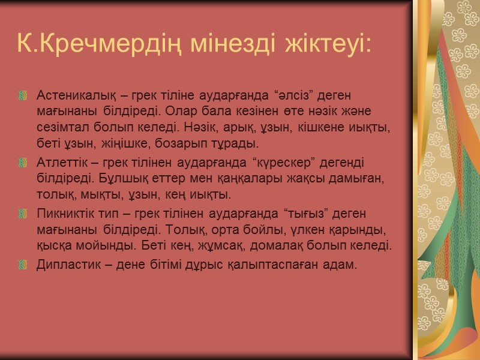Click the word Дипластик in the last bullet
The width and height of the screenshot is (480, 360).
pos(64,264)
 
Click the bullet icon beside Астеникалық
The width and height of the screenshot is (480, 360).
pos(24,95)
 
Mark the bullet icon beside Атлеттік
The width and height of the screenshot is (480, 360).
pos(24,163)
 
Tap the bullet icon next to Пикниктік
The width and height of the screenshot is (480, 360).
pos(24,214)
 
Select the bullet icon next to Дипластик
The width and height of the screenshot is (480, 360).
pos(24,264)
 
